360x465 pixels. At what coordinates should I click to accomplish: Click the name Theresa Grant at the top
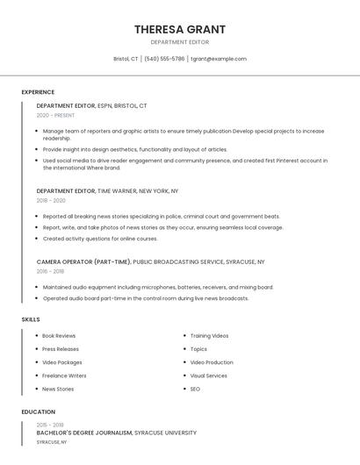pyautogui.click(x=179, y=29)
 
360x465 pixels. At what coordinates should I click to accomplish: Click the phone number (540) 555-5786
pyautogui.click(x=164, y=59)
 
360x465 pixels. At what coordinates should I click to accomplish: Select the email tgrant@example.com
pyautogui.click(x=219, y=59)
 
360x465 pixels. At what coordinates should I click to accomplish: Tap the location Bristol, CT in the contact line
pyautogui.click(x=126, y=59)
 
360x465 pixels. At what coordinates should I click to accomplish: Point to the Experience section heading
pyautogui.click(x=38, y=92)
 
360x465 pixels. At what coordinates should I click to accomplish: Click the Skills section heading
pyautogui.click(x=31, y=319)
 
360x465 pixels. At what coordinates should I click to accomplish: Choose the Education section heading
pyautogui.click(x=39, y=411)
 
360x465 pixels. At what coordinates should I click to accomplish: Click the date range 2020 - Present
pyautogui.click(x=56, y=115)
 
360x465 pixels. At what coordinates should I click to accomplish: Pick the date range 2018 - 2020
pyautogui.click(x=51, y=200)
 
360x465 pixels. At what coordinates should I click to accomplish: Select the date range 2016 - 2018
pyautogui.click(x=51, y=271)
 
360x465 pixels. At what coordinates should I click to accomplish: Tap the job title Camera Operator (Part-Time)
pyautogui.click(x=83, y=261)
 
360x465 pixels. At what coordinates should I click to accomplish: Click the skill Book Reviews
pyautogui.click(x=59, y=336)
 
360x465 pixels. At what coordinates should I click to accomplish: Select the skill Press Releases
pyautogui.click(x=61, y=349)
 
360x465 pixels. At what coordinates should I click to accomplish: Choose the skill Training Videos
pyautogui.click(x=209, y=336)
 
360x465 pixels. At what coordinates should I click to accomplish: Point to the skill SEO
pyautogui.click(x=195, y=389)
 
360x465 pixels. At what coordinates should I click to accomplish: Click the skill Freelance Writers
pyautogui.click(x=64, y=376)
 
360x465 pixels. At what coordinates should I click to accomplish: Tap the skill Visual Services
pyautogui.click(x=209, y=376)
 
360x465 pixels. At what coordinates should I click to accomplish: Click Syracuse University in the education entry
pyautogui.click(x=165, y=433)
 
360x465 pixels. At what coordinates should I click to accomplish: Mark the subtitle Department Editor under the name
pyautogui.click(x=179, y=42)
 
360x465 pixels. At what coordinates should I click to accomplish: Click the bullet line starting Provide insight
pyautogui.click(x=134, y=150)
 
